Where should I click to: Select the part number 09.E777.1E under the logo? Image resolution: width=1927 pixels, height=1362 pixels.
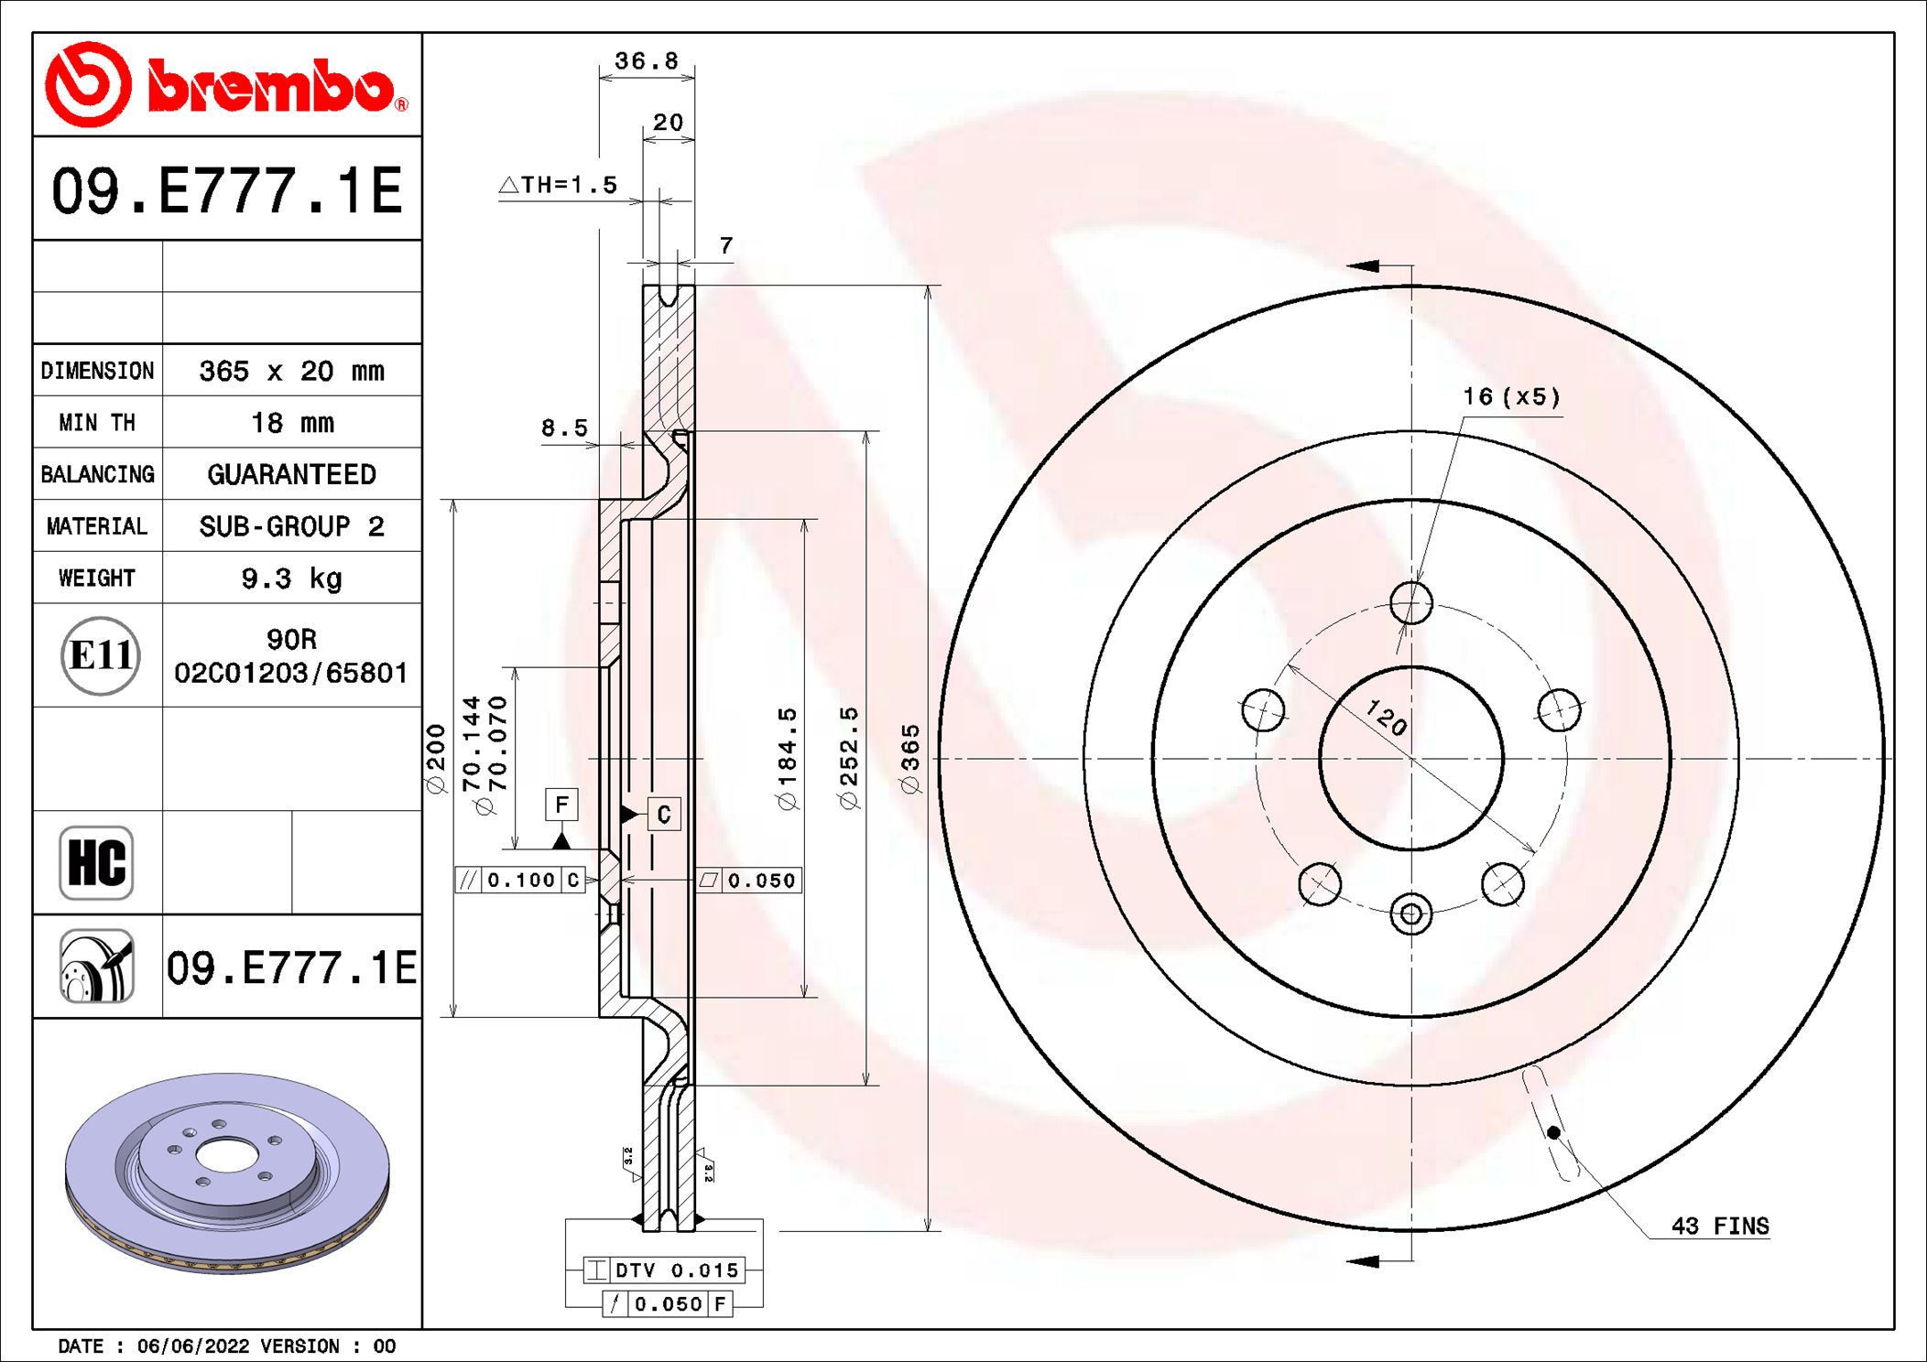click(226, 190)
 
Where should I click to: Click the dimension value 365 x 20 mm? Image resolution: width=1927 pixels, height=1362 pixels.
click(291, 371)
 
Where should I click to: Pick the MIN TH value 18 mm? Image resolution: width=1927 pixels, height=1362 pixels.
click(291, 423)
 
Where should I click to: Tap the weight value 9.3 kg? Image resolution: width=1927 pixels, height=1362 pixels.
click(291, 578)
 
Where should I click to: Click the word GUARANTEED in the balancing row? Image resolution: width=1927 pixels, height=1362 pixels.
click(291, 474)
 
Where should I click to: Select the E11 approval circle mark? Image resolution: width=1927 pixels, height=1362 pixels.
click(100, 655)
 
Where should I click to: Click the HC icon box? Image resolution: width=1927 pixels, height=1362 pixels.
click(96, 862)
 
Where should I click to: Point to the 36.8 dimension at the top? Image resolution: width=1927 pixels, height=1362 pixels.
click(646, 61)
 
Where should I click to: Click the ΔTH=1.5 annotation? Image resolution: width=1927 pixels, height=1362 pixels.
click(558, 185)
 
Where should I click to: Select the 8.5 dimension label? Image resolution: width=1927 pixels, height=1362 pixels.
click(563, 427)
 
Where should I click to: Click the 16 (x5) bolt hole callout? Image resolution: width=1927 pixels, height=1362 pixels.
click(1510, 396)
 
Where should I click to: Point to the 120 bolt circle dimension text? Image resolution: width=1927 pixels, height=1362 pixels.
click(1386, 718)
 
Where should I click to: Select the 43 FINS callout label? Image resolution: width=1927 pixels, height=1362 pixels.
click(1719, 1226)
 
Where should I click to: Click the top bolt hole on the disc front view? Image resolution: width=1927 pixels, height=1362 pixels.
click(1410, 603)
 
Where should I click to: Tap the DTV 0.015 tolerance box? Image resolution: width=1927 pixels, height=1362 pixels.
click(665, 1270)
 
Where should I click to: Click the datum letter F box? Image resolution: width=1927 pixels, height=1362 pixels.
click(561, 805)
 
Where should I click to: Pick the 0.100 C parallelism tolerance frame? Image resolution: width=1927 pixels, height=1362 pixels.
click(520, 880)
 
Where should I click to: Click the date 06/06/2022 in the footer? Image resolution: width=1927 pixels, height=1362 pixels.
click(192, 1346)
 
